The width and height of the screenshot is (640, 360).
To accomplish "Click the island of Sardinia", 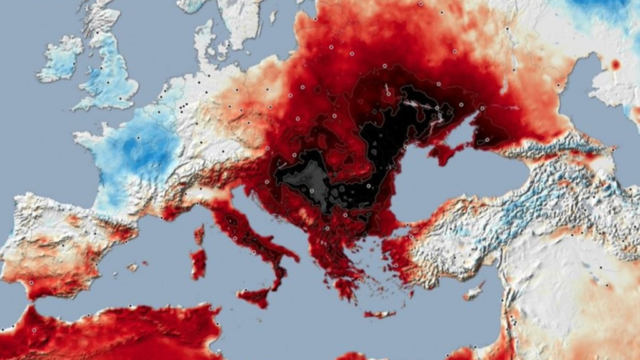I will point(198,263).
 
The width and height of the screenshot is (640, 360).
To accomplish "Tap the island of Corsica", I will point(199,234).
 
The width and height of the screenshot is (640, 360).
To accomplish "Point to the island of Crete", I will point(380,314).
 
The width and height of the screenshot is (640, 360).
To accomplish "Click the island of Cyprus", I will point(473,292).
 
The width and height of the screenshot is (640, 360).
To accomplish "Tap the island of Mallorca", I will point(132,267).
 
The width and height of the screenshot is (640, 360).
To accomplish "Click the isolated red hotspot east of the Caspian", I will point(616,64).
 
